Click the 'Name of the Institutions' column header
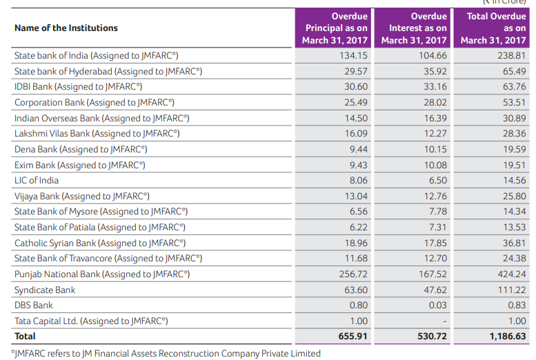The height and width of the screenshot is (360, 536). (x=66, y=28)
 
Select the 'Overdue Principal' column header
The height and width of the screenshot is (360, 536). (x=335, y=28)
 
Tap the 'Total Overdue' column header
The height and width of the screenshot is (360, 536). (x=495, y=28)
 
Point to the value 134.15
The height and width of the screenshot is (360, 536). (x=353, y=55)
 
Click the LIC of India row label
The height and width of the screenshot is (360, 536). (x=37, y=181)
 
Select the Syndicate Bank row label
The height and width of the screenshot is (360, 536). (x=45, y=290)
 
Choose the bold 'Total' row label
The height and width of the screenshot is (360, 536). (x=25, y=337)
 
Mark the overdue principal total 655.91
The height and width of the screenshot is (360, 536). (x=353, y=337)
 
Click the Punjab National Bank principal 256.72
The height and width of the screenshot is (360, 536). (x=353, y=274)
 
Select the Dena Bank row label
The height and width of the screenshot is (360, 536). (x=81, y=149)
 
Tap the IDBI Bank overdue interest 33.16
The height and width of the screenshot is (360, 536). (x=433, y=87)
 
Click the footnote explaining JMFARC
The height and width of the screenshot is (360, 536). (x=166, y=353)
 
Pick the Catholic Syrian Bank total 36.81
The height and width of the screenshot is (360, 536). (x=513, y=243)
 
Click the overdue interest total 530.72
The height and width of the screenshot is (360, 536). (x=432, y=337)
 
